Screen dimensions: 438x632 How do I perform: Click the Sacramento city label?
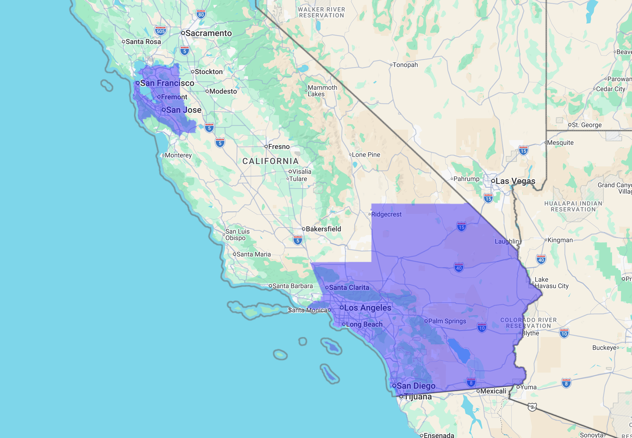208,33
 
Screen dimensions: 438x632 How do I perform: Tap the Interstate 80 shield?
201,14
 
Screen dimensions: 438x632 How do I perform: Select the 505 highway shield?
160,31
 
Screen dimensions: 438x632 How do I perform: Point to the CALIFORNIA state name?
270,161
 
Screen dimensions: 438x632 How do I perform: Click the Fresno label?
279,147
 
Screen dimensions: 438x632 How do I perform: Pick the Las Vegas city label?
515,181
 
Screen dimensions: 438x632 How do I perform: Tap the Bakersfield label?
323,229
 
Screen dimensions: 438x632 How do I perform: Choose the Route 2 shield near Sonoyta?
532,407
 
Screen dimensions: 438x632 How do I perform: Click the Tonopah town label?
405,65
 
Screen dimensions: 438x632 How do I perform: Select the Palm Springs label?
447,321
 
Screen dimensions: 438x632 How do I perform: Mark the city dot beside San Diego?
394,386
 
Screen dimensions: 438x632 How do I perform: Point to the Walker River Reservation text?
321,12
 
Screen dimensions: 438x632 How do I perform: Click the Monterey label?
178,155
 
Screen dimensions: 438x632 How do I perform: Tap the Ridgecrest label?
386,214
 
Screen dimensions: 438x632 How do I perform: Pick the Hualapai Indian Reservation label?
573,206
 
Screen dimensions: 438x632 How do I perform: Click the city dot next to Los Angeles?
341,307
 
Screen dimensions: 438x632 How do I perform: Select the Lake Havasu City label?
551,283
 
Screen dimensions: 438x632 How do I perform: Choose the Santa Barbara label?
292,286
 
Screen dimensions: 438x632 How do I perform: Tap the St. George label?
586,125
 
